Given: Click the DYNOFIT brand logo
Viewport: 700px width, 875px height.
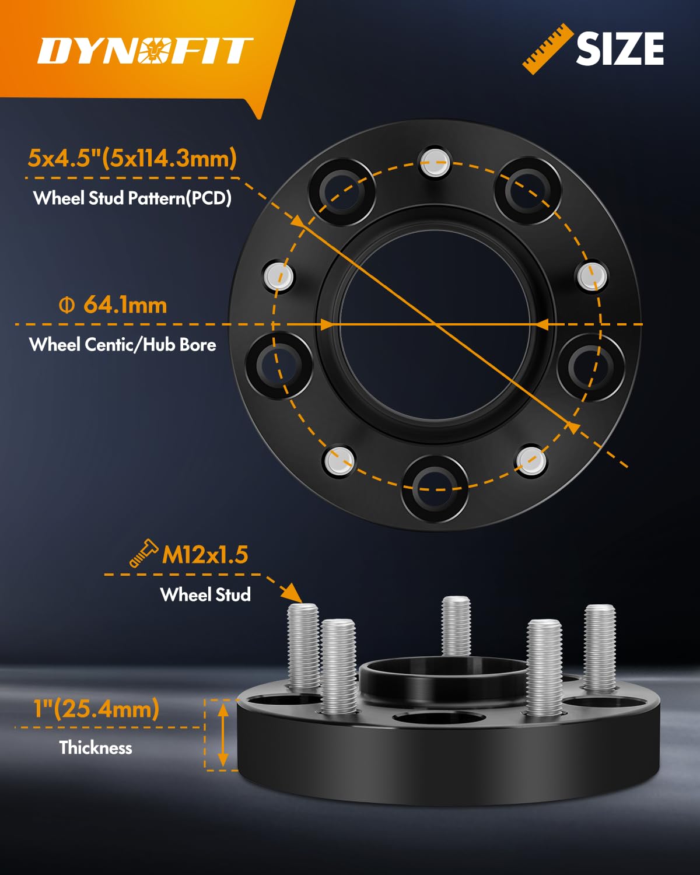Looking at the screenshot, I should point(145,50).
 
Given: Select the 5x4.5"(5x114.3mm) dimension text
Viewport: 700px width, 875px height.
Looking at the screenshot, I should point(132,158).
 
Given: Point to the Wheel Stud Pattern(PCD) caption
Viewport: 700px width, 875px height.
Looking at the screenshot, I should point(132,198).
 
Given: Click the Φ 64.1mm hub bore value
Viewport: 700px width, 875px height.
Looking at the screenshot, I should point(114,305).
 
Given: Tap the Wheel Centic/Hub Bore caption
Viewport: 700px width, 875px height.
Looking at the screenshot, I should point(123,345).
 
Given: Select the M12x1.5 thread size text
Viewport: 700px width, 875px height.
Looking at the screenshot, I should point(205,555).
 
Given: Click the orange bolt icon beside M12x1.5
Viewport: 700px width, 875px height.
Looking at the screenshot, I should point(143,553).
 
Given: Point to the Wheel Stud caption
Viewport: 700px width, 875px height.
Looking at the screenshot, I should point(205,594).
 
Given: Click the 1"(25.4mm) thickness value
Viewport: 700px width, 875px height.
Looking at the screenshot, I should point(96,709).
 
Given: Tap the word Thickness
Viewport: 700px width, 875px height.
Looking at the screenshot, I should point(96,748).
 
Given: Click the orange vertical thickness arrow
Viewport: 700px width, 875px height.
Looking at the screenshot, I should point(223,734).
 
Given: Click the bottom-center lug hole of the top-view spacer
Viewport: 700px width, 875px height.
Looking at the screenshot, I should point(435,488).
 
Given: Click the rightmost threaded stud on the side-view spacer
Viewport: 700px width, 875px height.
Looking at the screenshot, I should point(600,647).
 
